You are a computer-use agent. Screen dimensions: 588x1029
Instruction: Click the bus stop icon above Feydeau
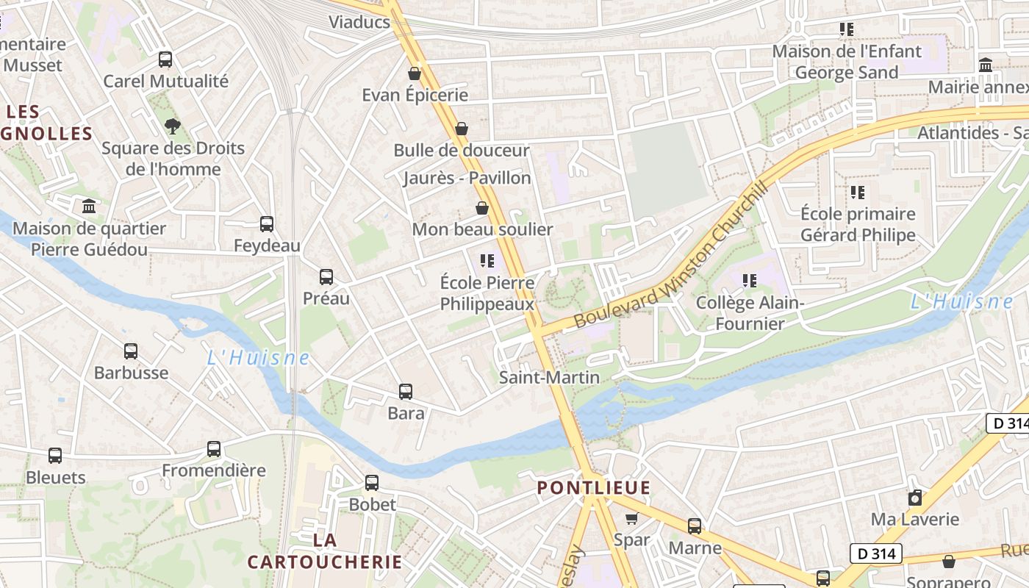point(267,223)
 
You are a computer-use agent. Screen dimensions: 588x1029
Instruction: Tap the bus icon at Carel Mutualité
point(165,60)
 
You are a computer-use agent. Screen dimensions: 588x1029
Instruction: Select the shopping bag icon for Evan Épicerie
point(415,73)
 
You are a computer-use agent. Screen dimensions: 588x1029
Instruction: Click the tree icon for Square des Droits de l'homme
point(173,126)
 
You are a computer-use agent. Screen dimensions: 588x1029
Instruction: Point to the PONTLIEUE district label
point(593,487)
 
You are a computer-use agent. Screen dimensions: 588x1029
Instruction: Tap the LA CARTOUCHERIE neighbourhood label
point(325,551)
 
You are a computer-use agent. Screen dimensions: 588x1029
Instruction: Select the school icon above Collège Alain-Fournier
point(750,281)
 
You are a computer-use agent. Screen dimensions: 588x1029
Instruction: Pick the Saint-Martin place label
point(549,377)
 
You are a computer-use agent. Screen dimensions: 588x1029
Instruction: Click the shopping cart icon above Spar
point(631,518)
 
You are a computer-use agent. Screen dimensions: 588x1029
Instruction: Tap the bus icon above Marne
point(695,526)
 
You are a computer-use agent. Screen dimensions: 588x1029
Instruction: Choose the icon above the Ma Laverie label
point(915,498)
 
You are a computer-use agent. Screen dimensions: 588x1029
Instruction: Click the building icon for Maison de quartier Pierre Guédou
point(90,206)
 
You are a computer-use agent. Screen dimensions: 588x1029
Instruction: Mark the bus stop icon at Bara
point(406,392)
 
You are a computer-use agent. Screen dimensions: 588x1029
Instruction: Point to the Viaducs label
point(359,21)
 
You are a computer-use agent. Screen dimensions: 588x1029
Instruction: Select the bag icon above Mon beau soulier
point(482,208)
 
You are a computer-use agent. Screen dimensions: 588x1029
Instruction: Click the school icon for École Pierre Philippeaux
point(487,260)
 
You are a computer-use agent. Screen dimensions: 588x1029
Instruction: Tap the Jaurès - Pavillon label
point(467,178)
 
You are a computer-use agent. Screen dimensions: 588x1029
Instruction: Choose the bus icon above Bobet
point(372,483)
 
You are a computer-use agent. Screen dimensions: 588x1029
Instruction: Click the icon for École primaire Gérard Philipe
point(858,193)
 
